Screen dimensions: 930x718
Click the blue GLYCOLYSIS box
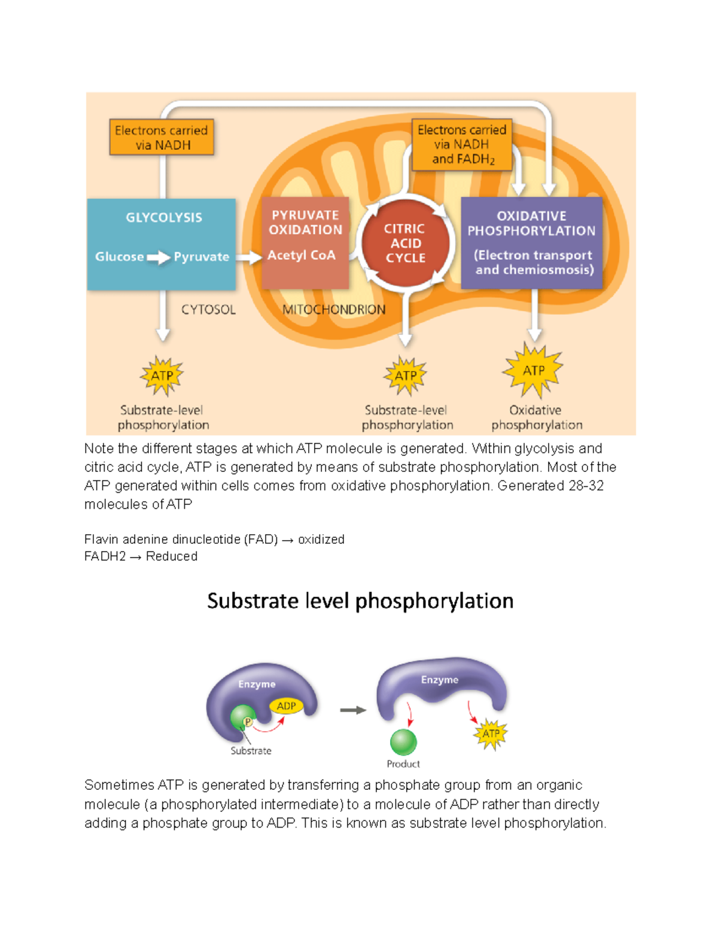[x=162, y=244]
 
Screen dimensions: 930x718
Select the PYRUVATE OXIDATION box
[x=305, y=243]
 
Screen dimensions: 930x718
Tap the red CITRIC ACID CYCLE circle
[x=405, y=243]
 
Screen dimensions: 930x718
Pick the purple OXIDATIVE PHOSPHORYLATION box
[x=531, y=243]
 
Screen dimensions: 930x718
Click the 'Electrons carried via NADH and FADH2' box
[x=462, y=144]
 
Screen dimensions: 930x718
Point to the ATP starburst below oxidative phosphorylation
[x=534, y=371]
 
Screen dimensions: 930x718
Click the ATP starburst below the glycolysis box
[x=162, y=376]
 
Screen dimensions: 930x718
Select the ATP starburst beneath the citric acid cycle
[x=406, y=376]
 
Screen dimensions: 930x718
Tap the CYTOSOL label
[x=208, y=310]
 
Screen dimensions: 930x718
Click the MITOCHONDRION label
[x=334, y=310]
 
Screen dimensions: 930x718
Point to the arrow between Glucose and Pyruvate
[x=159, y=258]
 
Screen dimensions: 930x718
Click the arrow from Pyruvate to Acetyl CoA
[x=248, y=258]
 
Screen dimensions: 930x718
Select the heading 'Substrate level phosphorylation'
[x=360, y=601]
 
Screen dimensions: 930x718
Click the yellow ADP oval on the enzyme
[x=286, y=706]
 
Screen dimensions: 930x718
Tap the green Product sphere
[x=403, y=742]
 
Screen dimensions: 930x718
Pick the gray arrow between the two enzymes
[x=353, y=710]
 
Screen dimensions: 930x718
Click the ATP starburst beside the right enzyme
[x=491, y=734]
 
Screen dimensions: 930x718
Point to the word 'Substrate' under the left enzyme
[x=251, y=751]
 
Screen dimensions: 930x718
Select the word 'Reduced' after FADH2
[x=172, y=556]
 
